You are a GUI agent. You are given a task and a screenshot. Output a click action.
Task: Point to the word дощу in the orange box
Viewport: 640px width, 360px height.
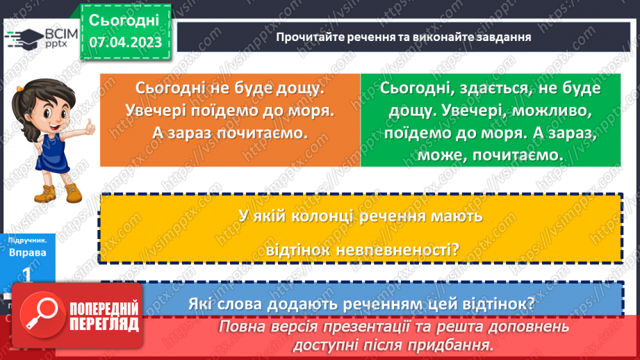(302, 89)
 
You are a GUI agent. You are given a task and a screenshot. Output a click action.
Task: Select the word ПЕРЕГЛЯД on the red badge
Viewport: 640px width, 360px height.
(102, 323)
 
